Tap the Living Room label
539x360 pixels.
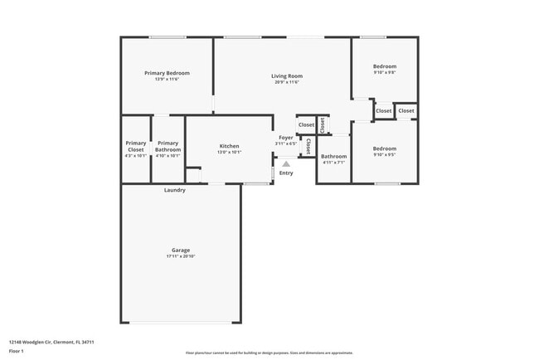(286, 76)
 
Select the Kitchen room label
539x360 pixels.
(229, 146)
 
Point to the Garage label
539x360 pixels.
(181, 250)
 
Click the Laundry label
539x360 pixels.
(174, 190)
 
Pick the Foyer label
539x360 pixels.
(285, 137)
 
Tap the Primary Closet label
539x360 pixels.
(135, 146)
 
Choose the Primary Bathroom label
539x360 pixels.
(168, 146)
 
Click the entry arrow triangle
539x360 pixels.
(286, 163)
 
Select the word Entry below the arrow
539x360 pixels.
(286, 173)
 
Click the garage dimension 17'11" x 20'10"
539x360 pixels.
(181, 256)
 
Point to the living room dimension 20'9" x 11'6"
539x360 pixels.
(286, 82)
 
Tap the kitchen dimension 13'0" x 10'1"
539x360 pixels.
(229, 153)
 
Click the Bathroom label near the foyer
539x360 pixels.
(333, 156)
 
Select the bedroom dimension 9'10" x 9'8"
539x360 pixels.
(384, 72)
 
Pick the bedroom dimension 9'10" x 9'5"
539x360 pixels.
(384, 154)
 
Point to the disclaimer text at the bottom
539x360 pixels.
(269, 353)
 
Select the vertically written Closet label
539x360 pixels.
(308, 147)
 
